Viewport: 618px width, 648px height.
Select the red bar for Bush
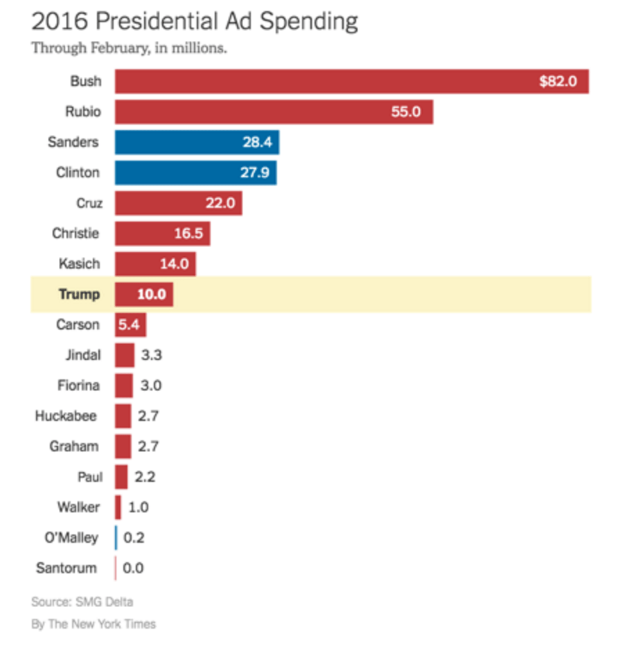[351, 82]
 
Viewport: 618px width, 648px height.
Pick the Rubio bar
[274, 112]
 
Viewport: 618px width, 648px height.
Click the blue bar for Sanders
[197, 143]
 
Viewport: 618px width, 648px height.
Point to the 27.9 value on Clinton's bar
[255, 173]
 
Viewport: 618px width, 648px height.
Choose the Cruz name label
[88, 203]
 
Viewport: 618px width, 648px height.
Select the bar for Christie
[162, 233]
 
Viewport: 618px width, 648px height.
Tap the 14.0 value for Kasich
[174, 264]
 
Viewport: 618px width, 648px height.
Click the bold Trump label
[79, 294]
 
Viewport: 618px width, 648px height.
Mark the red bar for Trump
[143, 294]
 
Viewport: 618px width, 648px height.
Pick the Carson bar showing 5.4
[130, 325]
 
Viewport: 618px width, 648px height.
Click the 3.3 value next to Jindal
[151, 355]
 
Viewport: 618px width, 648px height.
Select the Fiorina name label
[78, 386]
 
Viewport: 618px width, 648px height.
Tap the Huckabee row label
[67, 416]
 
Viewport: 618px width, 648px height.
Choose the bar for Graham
[123, 447]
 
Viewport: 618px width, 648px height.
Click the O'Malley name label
[67, 538]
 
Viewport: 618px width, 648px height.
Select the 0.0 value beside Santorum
[134, 568]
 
